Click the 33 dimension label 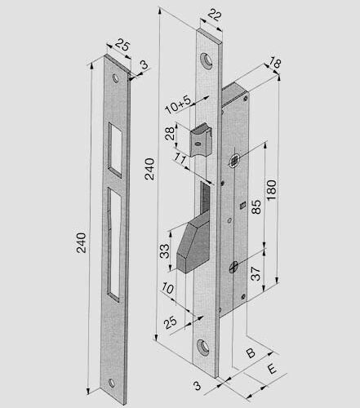tap(163, 251)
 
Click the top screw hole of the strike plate tap(118, 80)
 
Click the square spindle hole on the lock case tap(234, 161)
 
